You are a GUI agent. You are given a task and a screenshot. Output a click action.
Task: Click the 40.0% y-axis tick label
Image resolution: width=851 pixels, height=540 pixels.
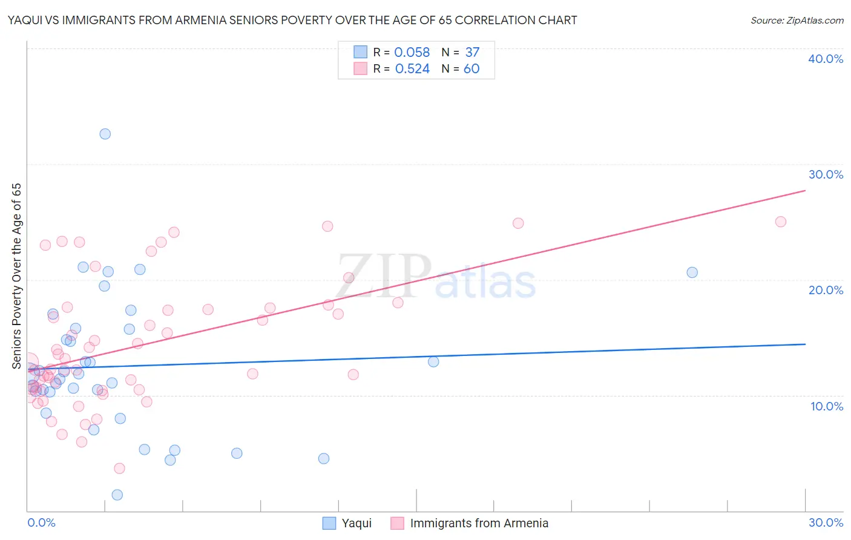(826, 59)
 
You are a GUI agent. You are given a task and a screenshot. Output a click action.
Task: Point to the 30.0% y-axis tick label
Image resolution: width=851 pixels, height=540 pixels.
(826, 174)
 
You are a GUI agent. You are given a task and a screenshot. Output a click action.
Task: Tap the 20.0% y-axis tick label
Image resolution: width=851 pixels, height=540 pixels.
(826, 290)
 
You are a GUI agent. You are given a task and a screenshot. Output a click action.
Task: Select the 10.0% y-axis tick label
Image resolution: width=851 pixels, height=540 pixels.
(827, 406)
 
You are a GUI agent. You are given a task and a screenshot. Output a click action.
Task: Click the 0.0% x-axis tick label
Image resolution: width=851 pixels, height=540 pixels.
(41, 522)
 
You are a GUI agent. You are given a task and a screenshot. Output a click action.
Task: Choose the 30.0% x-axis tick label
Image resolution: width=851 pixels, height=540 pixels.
(826, 522)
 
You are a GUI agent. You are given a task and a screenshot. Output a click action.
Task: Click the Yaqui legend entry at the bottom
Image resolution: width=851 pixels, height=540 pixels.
(356, 523)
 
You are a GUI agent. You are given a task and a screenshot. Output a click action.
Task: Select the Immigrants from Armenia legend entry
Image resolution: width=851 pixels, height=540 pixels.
(479, 523)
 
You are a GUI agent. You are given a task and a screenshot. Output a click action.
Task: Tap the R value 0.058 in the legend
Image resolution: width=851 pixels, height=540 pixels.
(412, 52)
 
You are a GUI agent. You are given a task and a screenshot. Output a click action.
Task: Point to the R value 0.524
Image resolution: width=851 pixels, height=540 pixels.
(412, 68)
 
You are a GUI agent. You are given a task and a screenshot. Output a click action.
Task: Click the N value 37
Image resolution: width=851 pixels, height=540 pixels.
(472, 52)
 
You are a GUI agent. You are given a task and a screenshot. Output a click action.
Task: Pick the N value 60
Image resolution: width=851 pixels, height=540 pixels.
(471, 68)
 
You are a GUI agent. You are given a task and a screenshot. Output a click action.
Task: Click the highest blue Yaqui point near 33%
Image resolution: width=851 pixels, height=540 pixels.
(105, 134)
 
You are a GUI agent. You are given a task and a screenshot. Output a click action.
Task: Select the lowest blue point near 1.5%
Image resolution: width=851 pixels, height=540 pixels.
(117, 495)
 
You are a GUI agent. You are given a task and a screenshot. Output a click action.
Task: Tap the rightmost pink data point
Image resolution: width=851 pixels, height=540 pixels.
(781, 222)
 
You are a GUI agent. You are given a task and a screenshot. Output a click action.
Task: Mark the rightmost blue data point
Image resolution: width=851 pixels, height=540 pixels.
(692, 272)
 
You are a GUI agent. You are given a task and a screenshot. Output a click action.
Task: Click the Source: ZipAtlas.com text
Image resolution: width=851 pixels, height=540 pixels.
(797, 20)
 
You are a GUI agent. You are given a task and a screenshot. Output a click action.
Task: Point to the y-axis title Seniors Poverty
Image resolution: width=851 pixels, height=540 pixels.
(16, 275)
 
